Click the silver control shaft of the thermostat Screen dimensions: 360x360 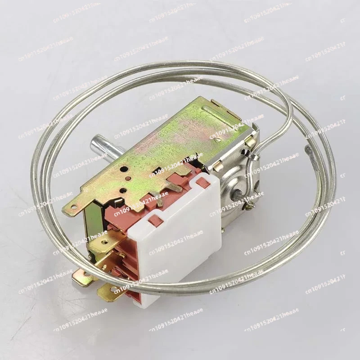coord(99,147)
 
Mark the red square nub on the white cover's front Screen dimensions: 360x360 coord(155,220)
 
